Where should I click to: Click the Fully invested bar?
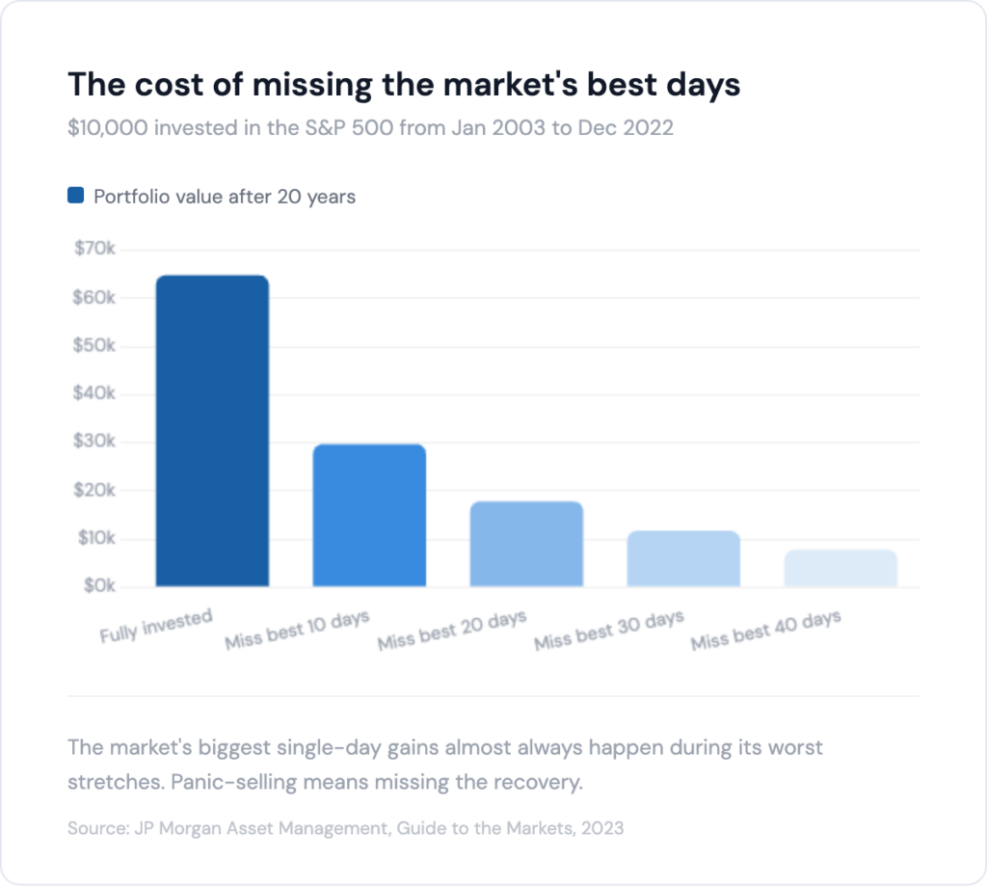212,431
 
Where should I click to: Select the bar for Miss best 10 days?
369,515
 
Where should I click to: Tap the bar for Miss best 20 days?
526,544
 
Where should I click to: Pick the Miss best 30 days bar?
683,558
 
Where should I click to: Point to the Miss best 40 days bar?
840,568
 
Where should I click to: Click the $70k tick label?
94,249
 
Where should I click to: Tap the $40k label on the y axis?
94,393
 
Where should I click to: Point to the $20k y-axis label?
94,490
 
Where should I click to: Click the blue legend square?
76,196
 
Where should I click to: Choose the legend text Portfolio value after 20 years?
225,197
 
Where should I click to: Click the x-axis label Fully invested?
156,627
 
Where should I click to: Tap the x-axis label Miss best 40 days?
765,630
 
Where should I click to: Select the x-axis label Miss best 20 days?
452,630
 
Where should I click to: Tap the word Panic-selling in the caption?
229,781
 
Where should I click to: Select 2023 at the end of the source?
603,828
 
